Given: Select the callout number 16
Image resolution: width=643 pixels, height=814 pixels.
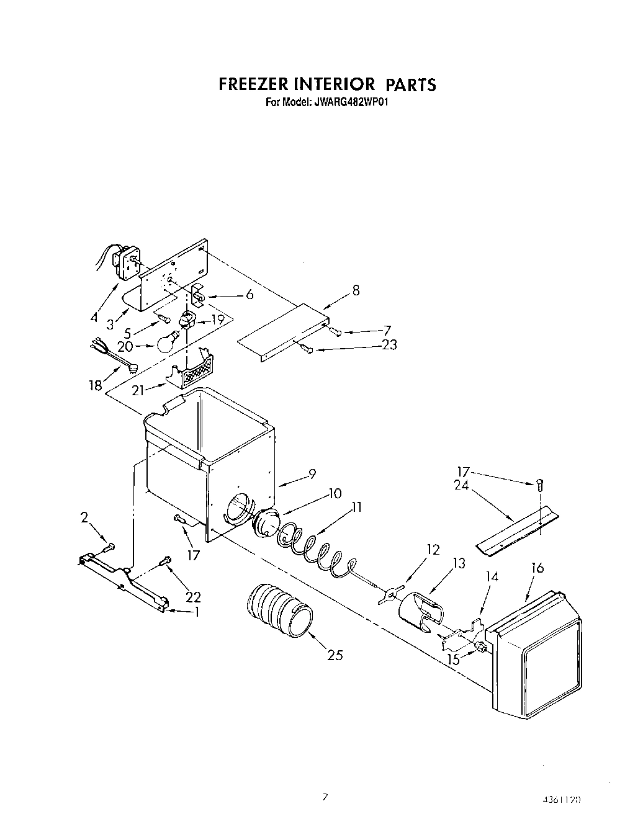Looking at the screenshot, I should click(537, 568).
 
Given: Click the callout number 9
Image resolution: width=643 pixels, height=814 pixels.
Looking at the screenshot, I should click(312, 474).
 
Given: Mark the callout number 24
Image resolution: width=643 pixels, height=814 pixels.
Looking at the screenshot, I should click(462, 486).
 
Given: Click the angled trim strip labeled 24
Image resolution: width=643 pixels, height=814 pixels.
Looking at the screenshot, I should click(516, 524).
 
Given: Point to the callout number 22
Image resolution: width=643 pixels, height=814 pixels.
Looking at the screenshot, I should click(194, 597).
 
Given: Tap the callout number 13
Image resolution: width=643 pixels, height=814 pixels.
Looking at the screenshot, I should click(459, 563).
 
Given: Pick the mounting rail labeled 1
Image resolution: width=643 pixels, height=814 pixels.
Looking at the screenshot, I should click(124, 584).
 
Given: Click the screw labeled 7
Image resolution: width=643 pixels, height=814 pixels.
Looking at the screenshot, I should click(336, 332).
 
